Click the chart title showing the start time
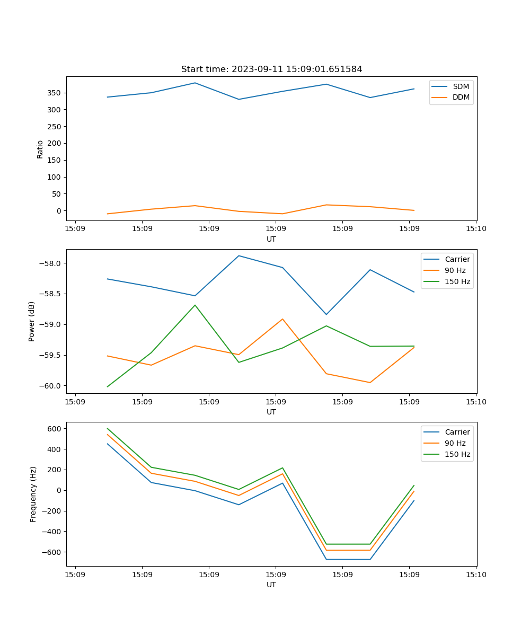(271, 69)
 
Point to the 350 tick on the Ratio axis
(55, 93)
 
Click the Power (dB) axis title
(32, 321)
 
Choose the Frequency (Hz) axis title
(33, 494)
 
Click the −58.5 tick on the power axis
(51, 294)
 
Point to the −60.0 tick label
(51, 386)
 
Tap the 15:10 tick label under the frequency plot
(476, 574)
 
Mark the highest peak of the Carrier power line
(239, 255)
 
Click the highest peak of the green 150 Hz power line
(195, 305)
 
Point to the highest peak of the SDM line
(195, 83)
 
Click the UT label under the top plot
(271, 239)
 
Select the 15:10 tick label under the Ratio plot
(476, 228)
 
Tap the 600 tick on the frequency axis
(56, 428)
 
